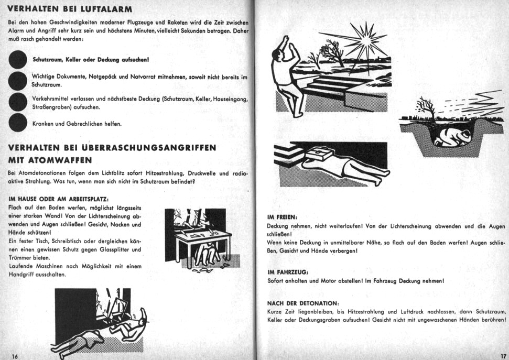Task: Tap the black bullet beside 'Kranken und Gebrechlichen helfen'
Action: [19, 123]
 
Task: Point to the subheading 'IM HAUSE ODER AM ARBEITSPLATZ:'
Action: [59, 199]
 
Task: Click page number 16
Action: [15, 356]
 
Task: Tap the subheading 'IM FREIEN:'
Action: [282, 216]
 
